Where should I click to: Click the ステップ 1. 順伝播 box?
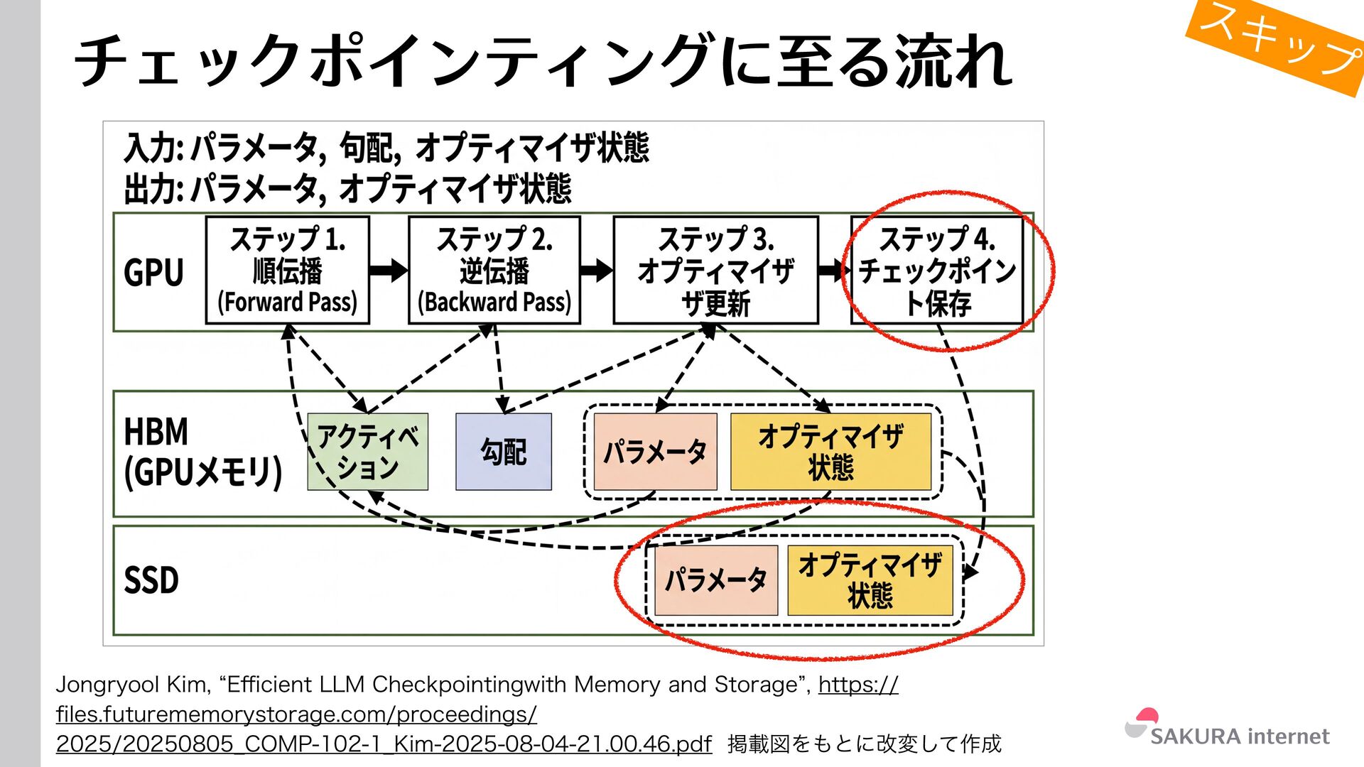[x=287, y=271]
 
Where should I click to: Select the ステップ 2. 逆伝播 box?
[x=494, y=271]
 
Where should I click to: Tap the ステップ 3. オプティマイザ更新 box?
[x=715, y=271]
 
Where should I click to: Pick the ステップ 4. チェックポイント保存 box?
[x=937, y=271]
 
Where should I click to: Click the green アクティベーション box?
[x=367, y=452]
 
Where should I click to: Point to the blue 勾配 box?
[x=503, y=452]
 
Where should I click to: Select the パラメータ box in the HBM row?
[x=655, y=452]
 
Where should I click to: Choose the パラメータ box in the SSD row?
[x=715, y=580]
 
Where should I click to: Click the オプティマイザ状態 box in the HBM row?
[x=830, y=452]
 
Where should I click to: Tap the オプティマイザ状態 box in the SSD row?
[x=870, y=580]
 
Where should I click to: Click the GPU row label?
[x=153, y=273]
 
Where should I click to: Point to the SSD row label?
[x=151, y=580]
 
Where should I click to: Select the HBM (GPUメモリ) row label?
[x=202, y=452]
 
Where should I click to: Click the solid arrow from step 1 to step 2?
[x=389, y=270]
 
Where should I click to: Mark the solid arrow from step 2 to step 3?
[x=596, y=270]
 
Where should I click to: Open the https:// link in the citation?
[x=857, y=685]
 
